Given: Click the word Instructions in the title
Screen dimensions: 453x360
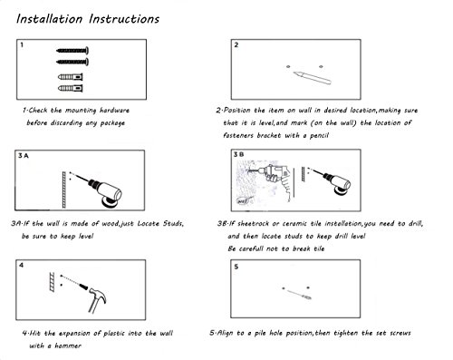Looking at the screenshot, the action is pos(124,19).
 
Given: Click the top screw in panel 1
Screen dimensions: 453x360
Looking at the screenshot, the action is pos(72,51).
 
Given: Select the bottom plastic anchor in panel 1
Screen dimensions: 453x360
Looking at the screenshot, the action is pos(71,88).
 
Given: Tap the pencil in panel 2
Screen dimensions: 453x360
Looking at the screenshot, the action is pos(313,78).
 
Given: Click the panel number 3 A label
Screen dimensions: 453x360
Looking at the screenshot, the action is pos(23,156).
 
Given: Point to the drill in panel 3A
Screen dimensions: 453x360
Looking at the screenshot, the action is pos(101,190).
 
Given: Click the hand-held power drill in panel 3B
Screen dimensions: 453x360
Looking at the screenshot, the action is pos(274,179).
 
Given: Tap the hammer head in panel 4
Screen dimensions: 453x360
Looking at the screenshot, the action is pos(97,294).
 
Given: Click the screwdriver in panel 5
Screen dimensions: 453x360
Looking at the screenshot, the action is pos(298,294).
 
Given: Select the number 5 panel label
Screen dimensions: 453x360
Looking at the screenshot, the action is pos(236,267).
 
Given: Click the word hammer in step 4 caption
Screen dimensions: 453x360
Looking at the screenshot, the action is pos(68,345).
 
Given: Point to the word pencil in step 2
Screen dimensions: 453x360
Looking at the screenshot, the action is pos(319,135).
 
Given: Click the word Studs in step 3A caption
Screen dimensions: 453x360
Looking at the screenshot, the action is pos(173,224).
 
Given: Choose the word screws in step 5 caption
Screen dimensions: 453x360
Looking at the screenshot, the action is pos(400,333).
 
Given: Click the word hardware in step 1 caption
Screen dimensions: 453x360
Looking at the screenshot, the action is pos(114,111).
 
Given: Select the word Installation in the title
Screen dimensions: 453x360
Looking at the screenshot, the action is pos(49,19).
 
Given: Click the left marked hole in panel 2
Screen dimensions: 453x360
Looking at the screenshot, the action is pos(288,66).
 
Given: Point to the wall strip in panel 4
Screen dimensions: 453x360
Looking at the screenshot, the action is pos(53,282).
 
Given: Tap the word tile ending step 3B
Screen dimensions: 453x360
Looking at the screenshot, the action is pos(319,248).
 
